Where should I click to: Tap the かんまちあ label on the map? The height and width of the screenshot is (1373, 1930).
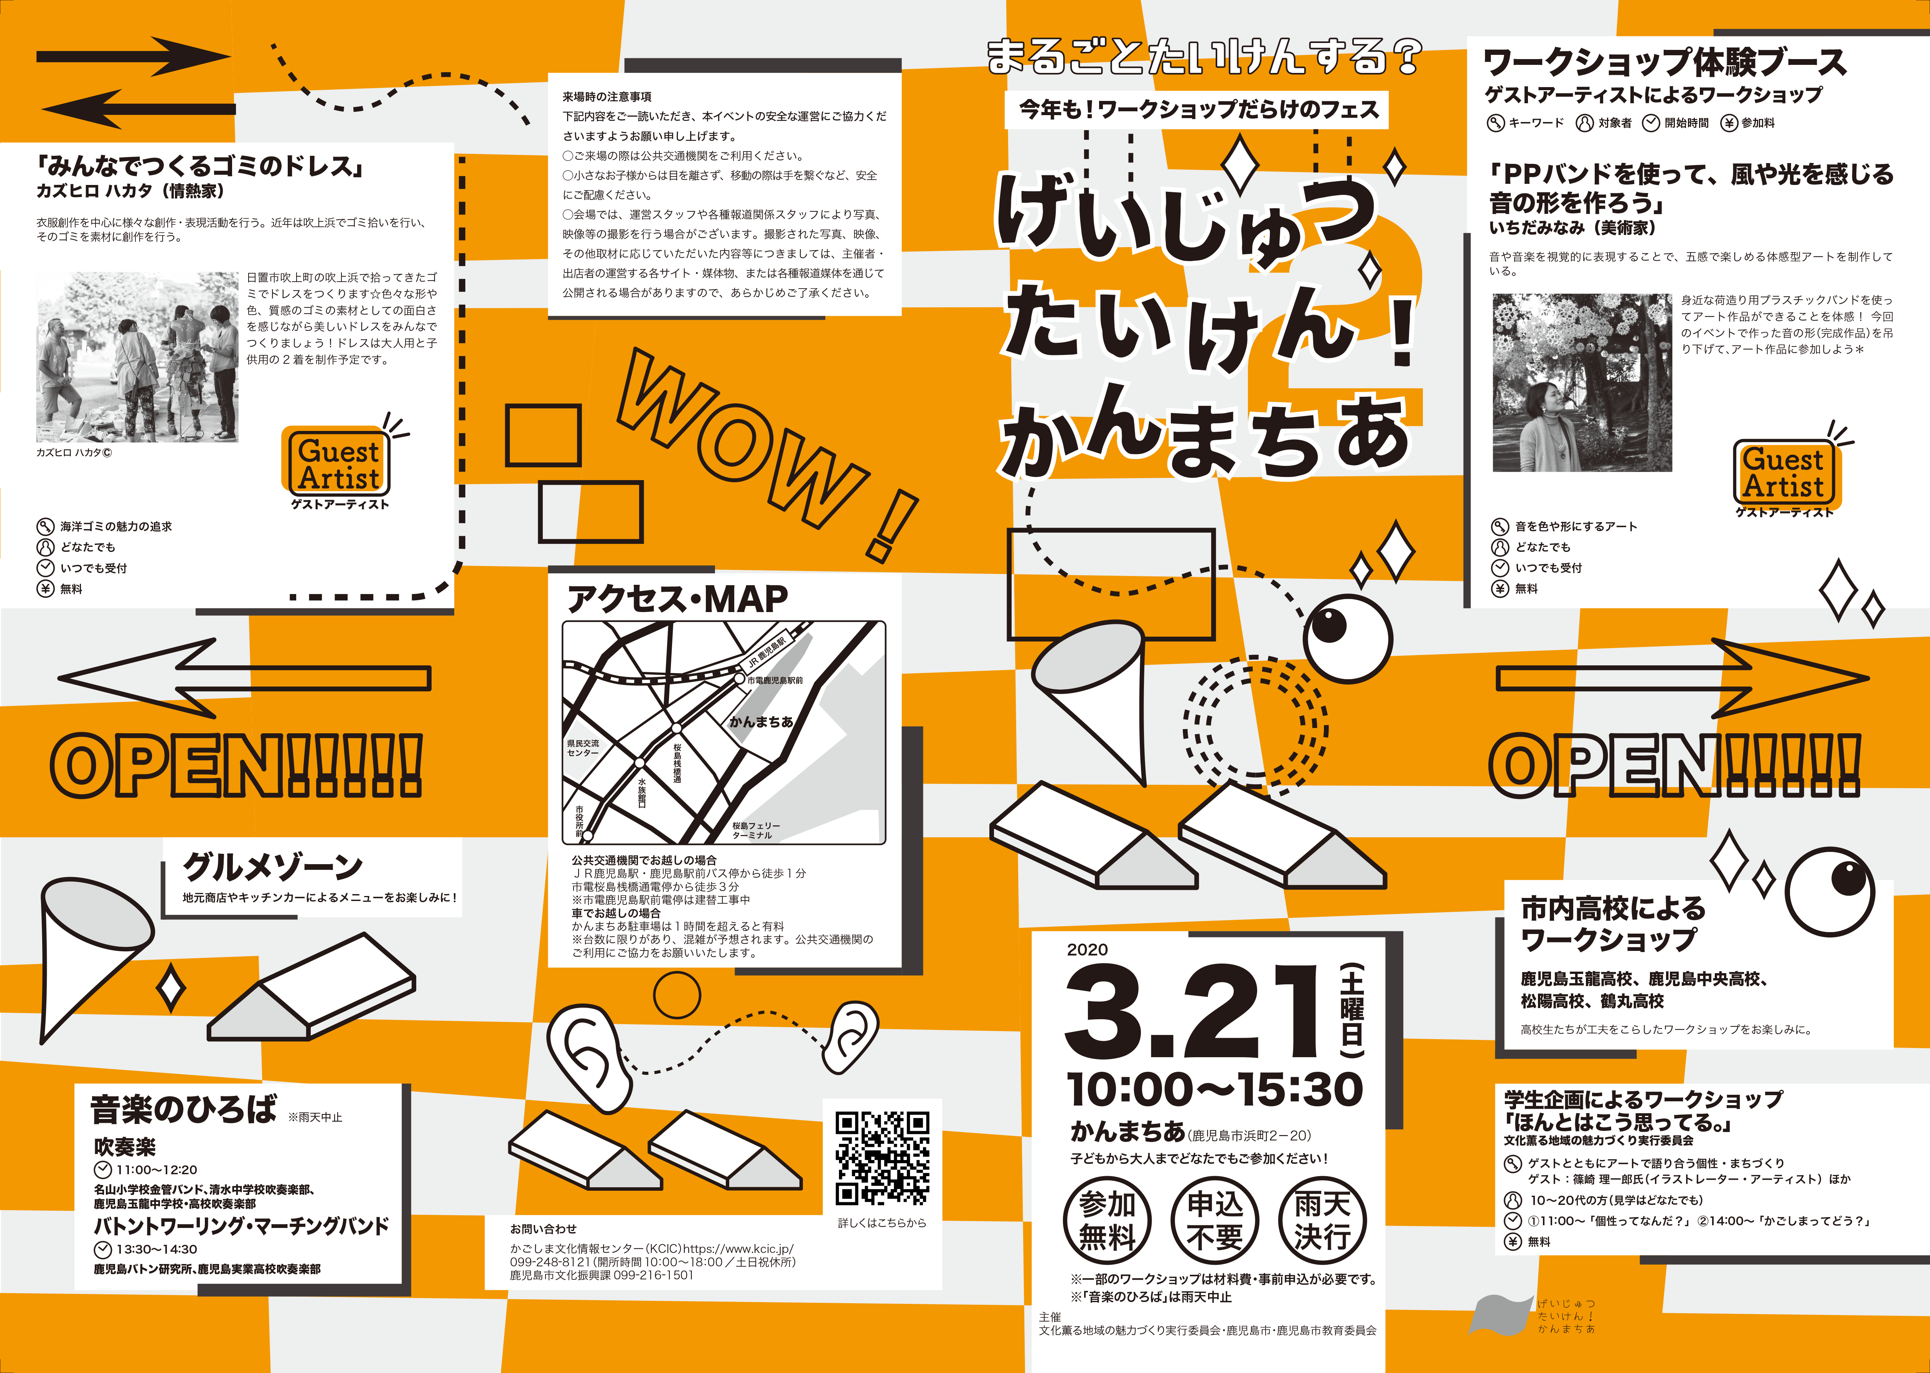(x=761, y=721)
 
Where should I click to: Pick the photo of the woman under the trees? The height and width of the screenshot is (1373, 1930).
(x=1582, y=382)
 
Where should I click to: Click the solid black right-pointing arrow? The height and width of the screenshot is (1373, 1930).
(x=134, y=57)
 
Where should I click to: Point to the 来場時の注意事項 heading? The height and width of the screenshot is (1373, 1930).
(x=607, y=97)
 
